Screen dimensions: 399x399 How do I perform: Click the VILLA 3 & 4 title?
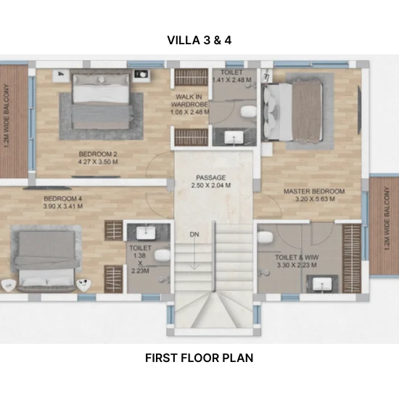click(x=199, y=40)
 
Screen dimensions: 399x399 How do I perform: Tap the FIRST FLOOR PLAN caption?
click(x=199, y=358)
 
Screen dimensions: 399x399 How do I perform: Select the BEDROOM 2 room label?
click(x=98, y=154)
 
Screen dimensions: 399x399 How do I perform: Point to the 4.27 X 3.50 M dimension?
click(x=98, y=162)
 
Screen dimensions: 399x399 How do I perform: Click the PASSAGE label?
click(x=211, y=177)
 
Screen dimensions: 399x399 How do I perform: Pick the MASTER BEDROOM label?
click(x=314, y=191)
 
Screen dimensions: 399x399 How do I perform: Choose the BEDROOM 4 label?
click(x=63, y=198)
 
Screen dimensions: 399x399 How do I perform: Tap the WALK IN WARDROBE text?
click(x=189, y=101)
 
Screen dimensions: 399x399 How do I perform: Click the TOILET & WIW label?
click(x=297, y=258)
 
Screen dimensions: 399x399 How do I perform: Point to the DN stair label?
click(x=194, y=234)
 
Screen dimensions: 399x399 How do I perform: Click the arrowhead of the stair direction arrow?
click(x=194, y=268)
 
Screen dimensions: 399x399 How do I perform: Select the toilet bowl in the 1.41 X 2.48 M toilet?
click(x=248, y=112)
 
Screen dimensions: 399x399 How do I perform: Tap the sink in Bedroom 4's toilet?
click(x=146, y=233)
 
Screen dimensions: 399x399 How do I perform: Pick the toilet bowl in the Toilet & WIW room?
click(x=265, y=238)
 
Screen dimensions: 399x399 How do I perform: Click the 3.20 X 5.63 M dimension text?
click(x=315, y=199)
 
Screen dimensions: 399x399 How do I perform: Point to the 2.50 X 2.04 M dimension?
click(x=211, y=185)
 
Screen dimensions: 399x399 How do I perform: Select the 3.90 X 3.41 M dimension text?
click(x=63, y=206)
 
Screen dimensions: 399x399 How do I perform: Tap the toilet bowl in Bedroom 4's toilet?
click(x=163, y=255)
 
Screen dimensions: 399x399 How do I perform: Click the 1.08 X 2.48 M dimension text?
click(x=190, y=112)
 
